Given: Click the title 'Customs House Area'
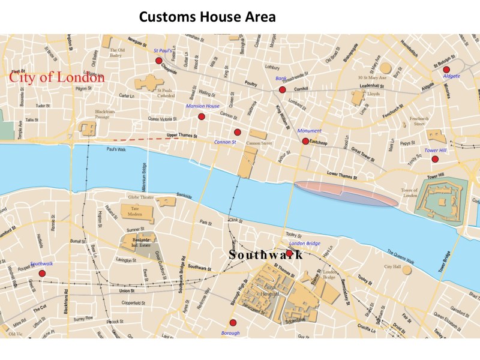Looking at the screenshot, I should tap(207, 17).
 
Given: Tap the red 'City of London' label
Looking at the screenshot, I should tap(56, 77).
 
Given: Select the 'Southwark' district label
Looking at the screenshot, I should tap(265, 254).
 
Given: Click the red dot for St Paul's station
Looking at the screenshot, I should tap(158, 61).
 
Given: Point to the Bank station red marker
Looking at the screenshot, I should tap(282, 90).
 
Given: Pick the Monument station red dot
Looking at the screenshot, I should tap(305, 142).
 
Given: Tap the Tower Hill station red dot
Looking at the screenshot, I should tap(435, 159).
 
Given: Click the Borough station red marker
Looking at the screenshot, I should tap(233, 323).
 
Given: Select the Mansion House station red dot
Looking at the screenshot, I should tap(202, 116).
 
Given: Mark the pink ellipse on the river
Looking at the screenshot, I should tap(346, 194).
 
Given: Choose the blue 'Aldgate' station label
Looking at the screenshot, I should tap(451, 77).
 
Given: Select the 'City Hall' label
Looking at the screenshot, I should tap(392, 266).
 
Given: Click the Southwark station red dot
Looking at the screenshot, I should tap(42, 274).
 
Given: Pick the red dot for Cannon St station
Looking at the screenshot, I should tap(237, 132).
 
